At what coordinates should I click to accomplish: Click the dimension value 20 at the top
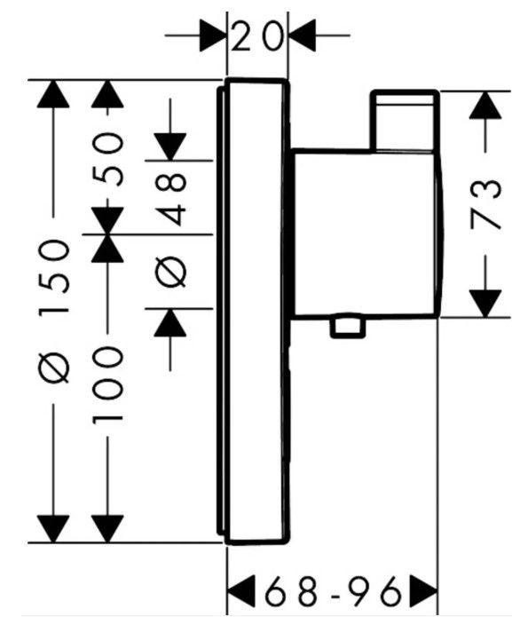tap(256, 36)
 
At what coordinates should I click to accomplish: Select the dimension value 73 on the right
tap(486, 204)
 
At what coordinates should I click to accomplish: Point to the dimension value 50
tap(107, 159)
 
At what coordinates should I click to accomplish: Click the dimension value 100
tap(107, 384)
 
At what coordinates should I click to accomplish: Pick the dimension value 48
tap(170, 199)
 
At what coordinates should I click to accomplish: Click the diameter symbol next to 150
tap(54, 368)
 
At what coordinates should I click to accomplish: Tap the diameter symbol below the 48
tap(170, 273)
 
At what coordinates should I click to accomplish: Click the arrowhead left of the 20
tap(213, 36)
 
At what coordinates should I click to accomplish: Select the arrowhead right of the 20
tap(303, 36)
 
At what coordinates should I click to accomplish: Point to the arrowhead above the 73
tap(485, 106)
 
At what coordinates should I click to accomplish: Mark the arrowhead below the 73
tap(485, 304)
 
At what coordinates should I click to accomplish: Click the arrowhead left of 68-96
tap(241, 591)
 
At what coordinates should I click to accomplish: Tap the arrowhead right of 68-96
tap(423, 591)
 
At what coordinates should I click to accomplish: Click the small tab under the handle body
tap(348, 326)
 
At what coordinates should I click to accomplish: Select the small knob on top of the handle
tap(405, 121)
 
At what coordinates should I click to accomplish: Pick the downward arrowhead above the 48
tap(169, 146)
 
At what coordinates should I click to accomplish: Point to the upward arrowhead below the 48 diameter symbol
tap(169, 322)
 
